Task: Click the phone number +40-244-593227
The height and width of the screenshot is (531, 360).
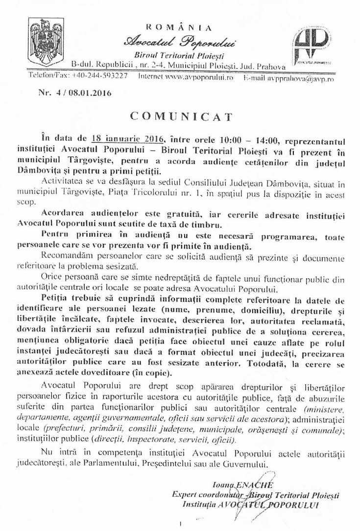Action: click(100, 76)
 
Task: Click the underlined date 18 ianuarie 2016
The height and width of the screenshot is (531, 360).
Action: click(130, 139)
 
